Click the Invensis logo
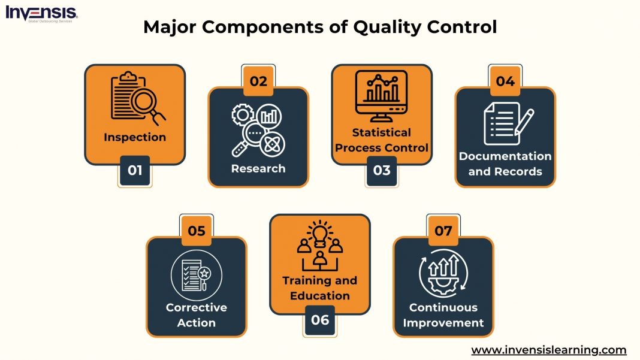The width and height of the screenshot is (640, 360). tap(41, 14)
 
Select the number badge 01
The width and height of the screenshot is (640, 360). tap(135, 170)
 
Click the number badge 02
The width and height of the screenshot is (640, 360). tap(258, 81)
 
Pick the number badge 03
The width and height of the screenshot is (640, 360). tap(382, 170)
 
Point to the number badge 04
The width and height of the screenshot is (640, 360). tap(505, 81)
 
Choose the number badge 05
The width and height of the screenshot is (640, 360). tap(197, 231)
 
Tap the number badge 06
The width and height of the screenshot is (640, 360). tap(320, 320)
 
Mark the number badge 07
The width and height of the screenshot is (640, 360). tap(443, 231)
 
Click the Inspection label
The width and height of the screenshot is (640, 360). tap(135, 137)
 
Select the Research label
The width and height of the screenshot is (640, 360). tap(258, 168)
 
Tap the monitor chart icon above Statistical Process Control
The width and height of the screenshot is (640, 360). tap(382, 93)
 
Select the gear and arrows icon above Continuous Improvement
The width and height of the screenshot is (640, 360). tap(443, 274)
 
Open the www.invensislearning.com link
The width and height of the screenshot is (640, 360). tap(548, 350)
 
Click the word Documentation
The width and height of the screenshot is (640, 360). tap(505, 156)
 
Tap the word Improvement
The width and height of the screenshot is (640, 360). tap(443, 323)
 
